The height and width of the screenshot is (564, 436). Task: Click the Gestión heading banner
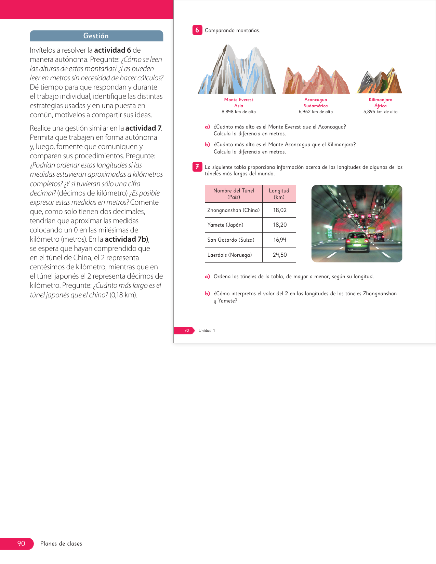(x=96, y=36)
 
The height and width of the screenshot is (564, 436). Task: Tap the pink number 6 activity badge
(x=197, y=30)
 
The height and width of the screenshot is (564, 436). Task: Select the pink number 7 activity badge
(x=197, y=167)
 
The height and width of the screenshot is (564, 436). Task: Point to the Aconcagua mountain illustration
(x=316, y=80)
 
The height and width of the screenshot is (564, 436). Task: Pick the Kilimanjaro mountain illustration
(x=380, y=82)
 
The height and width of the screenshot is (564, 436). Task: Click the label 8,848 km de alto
(x=238, y=112)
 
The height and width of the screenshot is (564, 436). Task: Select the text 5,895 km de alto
(x=380, y=112)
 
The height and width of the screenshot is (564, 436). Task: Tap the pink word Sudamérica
(x=316, y=106)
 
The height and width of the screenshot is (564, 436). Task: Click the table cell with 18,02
(x=279, y=210)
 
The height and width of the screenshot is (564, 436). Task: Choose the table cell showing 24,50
(x=279, y=255)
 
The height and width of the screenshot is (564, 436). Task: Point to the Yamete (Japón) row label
(x=225, y=225)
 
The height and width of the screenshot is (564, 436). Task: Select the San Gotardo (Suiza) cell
(x=231, y=240)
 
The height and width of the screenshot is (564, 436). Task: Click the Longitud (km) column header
(x=279, y=194)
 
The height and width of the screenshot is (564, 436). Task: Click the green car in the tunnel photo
(x=357, y=242)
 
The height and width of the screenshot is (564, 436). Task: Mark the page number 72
(x=187, y=331)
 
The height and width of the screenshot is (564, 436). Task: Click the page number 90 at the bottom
(x=21, y=543)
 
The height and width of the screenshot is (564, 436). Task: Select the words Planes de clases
(x=61, y=543)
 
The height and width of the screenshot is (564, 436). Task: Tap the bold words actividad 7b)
(x=127, y=239)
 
